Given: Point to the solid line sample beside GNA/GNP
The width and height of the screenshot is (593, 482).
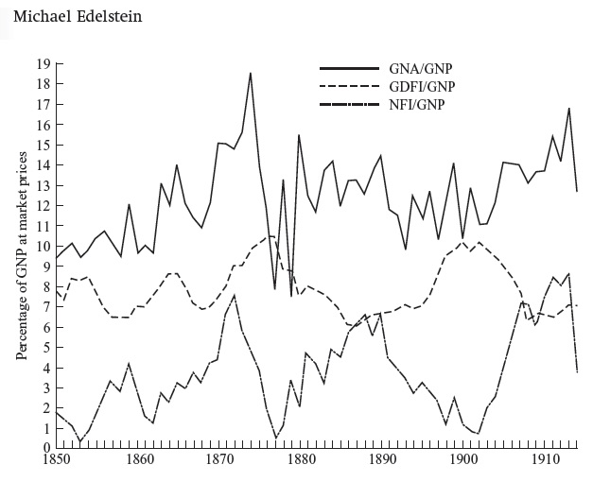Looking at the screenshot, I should [349, 70].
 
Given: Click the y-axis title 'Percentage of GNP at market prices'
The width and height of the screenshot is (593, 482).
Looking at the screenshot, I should [21, 256].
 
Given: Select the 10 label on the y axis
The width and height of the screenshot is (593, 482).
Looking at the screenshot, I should [44, 246].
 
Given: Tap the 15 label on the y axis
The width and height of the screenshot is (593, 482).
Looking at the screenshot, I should [44, 145].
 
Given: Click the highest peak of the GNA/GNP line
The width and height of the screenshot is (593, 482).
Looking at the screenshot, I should [251, 73].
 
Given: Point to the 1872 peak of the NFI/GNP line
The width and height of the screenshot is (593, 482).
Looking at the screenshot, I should [235, 295].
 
